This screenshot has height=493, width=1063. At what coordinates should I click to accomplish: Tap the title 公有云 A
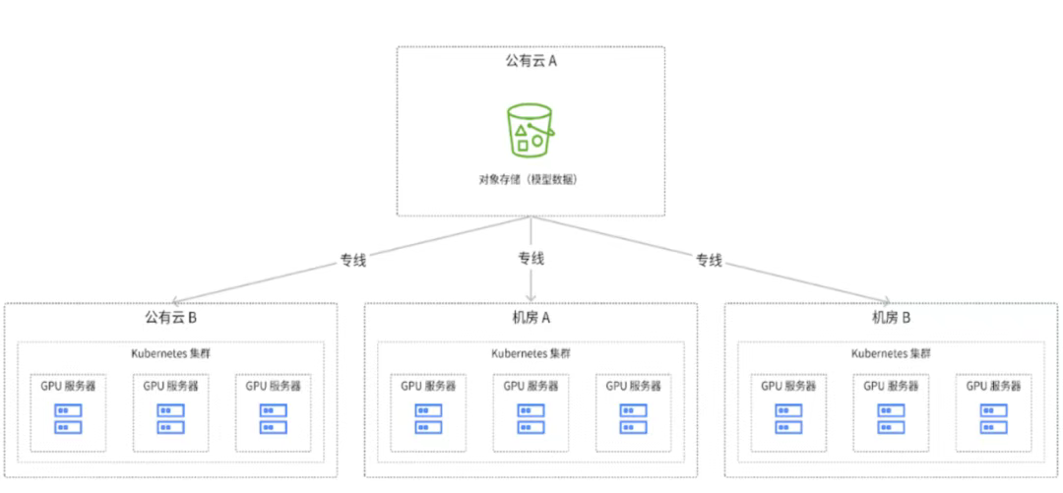531,61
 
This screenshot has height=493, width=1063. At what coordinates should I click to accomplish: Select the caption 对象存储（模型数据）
531,179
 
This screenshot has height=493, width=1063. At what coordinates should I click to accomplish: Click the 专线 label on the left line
353,260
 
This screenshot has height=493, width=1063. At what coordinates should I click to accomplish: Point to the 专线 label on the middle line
531,259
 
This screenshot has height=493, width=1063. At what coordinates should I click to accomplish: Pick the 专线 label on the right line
709,260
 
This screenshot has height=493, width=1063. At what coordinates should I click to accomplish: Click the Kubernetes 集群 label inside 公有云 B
171,353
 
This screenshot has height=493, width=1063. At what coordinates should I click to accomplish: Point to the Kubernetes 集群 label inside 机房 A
531,353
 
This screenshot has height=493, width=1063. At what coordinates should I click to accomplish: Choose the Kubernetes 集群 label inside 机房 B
891,353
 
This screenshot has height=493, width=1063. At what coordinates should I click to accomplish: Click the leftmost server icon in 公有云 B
68,418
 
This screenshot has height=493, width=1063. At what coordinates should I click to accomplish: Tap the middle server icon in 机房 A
531,418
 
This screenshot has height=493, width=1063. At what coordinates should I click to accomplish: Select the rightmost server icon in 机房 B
993,418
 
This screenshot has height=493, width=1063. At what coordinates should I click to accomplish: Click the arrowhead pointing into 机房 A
531,296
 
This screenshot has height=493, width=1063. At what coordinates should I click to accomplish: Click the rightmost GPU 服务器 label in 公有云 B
273,386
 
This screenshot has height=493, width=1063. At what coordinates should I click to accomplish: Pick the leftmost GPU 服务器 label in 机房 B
788,386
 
